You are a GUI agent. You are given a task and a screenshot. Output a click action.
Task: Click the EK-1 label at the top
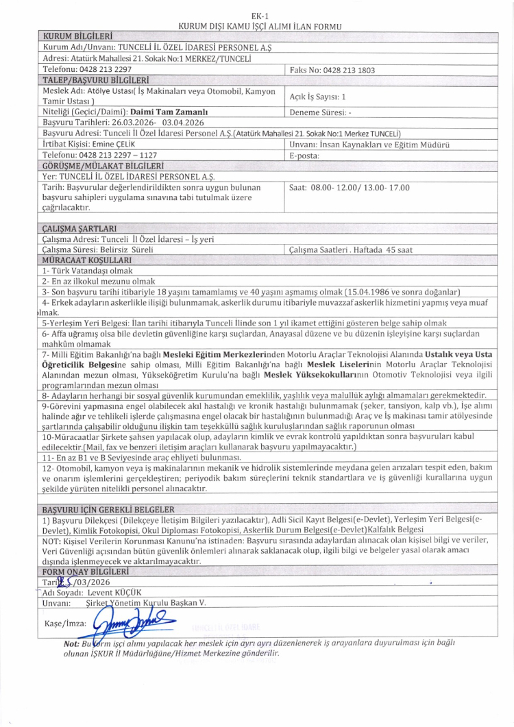[x=259, y=15]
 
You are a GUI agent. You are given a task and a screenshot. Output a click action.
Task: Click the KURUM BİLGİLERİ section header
[x=77, y=35]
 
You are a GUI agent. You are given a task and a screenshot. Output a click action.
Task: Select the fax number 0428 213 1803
[x=337, y=70]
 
